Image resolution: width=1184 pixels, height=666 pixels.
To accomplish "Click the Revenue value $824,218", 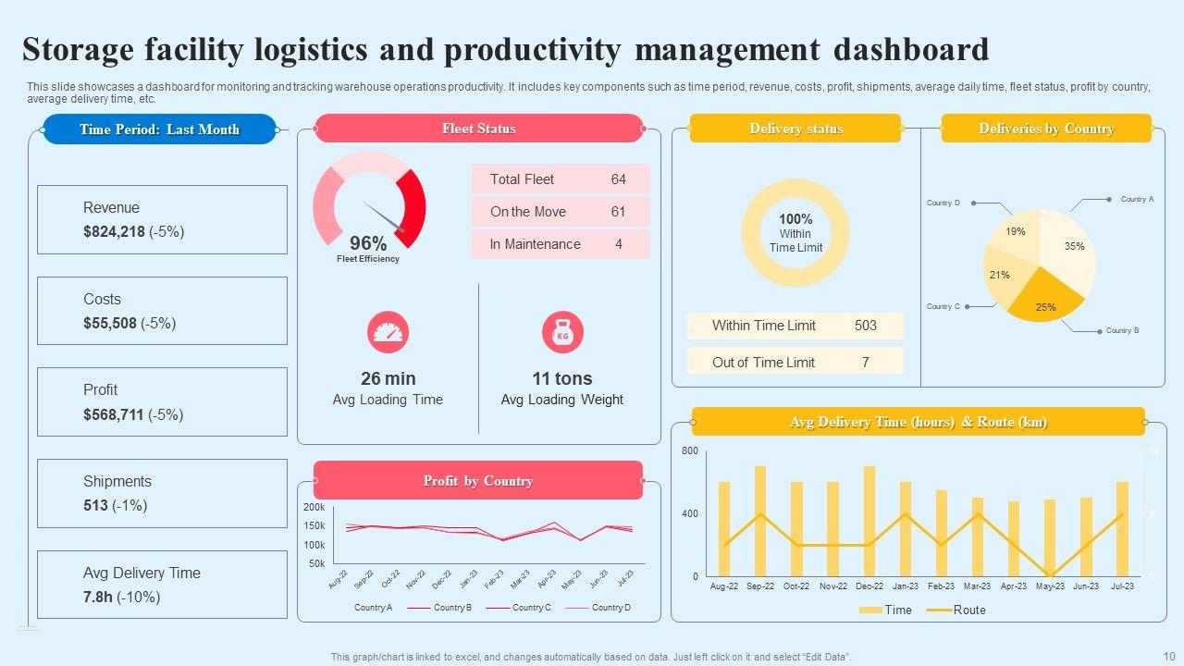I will [x=114, y=232].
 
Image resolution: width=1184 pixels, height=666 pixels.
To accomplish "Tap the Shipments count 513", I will [x=96, y=506].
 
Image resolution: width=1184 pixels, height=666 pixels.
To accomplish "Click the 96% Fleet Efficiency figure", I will [x=368, y=243].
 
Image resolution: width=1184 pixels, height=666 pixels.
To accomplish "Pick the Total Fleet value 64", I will [x=618, y=179].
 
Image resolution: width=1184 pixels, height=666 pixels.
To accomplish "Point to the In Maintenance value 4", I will [x=618, y=244].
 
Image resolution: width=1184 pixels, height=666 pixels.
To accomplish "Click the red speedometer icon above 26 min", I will [x=388, y=332].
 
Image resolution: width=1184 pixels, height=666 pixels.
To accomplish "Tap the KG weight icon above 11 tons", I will [x=562, y=332].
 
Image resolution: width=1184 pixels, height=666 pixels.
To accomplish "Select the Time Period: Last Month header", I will [x=159, y=129].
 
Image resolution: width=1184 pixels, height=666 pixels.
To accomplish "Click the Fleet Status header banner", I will [x=478, y=129].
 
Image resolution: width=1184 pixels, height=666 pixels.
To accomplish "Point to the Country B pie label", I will [x=1122, y=330].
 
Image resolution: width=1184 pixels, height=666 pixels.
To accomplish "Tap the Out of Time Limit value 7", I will [x=865, y=363].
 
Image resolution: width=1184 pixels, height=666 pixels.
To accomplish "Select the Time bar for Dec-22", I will [x=869, y=521].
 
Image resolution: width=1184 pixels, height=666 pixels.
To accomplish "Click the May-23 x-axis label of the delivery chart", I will [x=1050, y=586].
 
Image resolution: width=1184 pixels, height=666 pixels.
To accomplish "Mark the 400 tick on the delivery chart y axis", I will [x=690, y=513].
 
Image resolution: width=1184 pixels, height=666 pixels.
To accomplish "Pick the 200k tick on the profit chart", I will [x=314, y=508].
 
